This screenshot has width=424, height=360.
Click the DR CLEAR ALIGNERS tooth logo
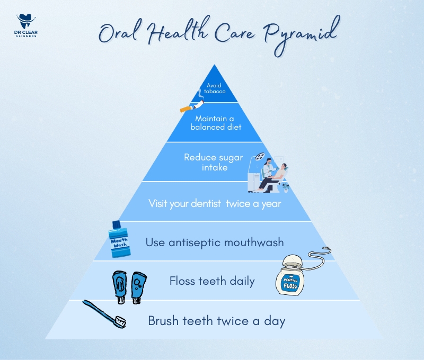(26, 25)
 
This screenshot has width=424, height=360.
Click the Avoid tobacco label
(215, 88)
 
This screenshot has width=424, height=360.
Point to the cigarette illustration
(192, 105)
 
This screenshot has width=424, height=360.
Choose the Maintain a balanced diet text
(216, 123)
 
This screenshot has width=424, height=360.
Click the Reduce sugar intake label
(214, 163)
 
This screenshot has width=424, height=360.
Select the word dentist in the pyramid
(206, 203)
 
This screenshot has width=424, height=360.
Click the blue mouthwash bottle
(119, 239)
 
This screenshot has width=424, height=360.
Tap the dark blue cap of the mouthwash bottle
(116, 224)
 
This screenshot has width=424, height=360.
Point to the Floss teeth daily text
(212, 281)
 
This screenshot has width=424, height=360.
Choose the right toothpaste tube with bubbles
(139, 288)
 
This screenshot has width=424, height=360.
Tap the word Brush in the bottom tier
(163, 321)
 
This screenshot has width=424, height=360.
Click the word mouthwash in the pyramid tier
(254, 242)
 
